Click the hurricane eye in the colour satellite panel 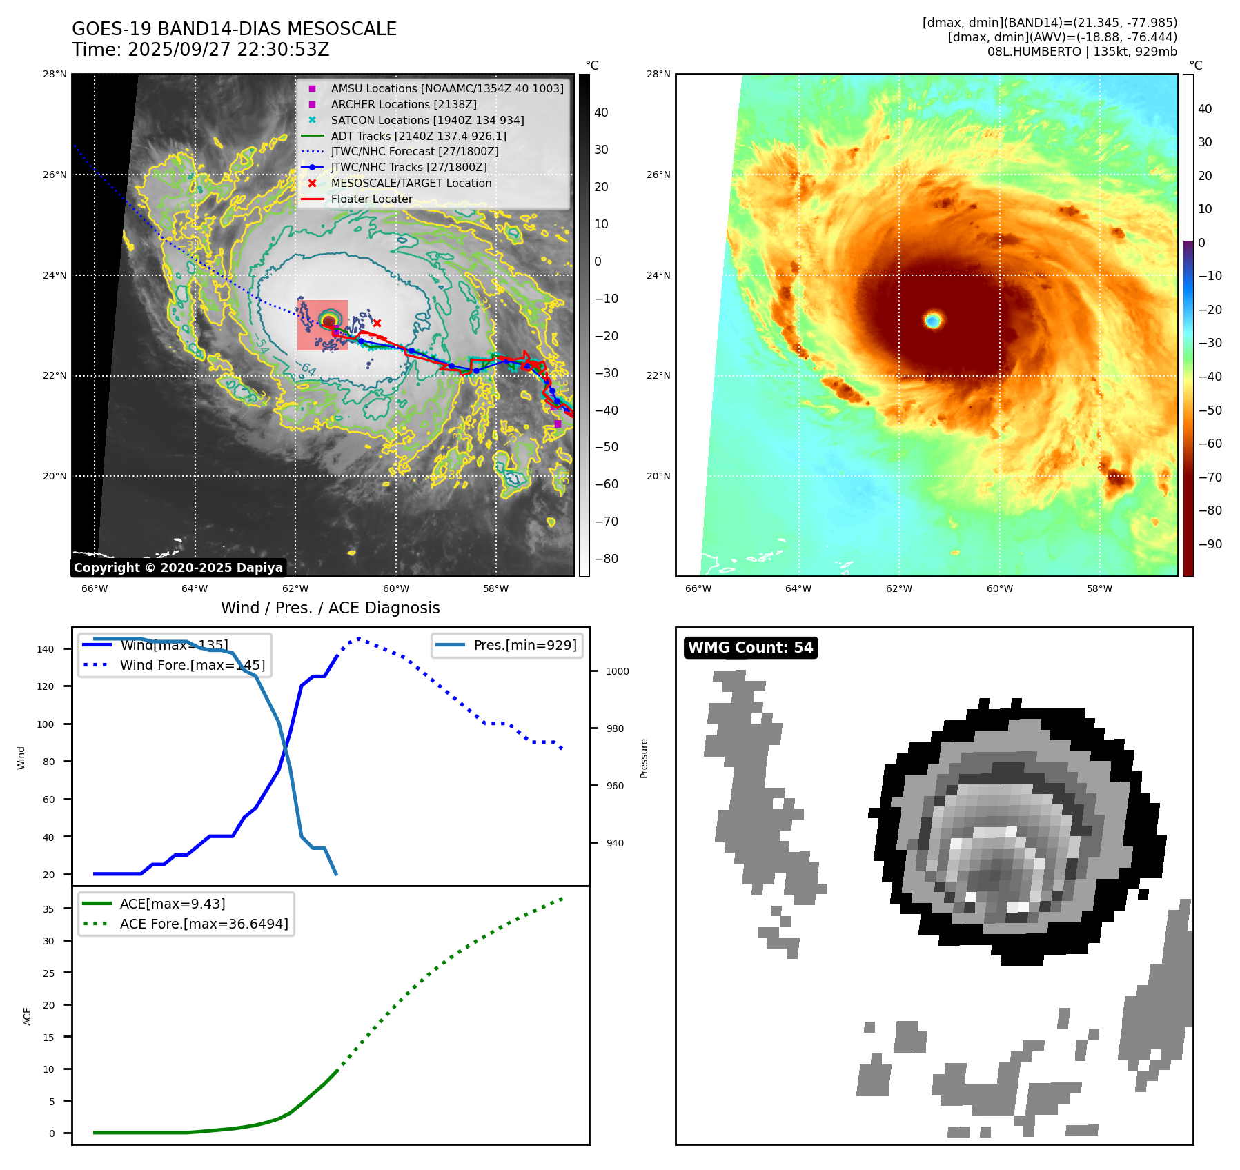933,320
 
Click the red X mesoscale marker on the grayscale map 377,323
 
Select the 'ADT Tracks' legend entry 418,136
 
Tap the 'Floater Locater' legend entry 371,199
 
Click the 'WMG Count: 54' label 750,648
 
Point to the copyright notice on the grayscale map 178,568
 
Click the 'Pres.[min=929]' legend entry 524,646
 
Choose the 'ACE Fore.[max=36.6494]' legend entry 204,924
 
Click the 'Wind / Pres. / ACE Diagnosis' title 330,608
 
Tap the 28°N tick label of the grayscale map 55,75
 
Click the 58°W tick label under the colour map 1099,588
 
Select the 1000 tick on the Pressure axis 618,671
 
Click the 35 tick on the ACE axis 48,909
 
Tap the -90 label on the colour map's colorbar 1210,544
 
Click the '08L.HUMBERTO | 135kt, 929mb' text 1082,52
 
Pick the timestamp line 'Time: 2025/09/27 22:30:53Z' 200,50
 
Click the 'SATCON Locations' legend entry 427,120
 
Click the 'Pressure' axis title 644,758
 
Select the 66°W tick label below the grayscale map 95,588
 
